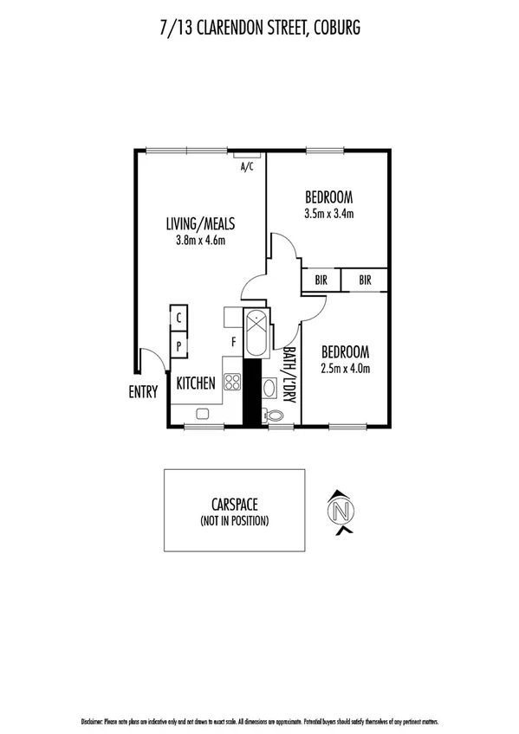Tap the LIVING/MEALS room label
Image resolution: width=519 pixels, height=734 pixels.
point(201,224)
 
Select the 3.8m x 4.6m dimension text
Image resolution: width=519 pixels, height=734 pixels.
point(201,240)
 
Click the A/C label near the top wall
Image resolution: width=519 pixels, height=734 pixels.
point(246,168)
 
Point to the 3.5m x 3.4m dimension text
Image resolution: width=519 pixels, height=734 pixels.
point(329,213)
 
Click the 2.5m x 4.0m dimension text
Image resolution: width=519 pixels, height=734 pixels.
point(346,369)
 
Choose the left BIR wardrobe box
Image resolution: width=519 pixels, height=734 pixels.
point(321,280)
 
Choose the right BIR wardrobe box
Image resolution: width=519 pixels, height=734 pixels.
point(365,280)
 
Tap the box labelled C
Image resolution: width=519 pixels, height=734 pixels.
point(178,318)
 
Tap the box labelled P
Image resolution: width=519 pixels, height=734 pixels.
point(178,345)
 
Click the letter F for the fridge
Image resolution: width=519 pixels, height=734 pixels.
point(233,342)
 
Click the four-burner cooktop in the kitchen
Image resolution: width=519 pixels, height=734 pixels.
point(232,380)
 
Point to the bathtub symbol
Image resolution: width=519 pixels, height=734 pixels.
point(257,333)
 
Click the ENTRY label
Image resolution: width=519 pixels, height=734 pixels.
point(143,392)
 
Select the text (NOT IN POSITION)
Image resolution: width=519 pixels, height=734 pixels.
point(234,520)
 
